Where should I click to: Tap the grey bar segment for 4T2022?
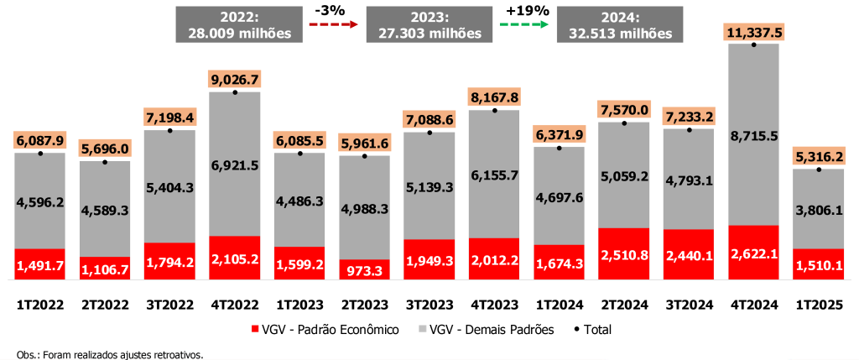(x=235, y=164)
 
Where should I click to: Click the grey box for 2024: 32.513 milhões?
(x=620, y=24)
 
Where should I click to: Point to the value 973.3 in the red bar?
(x=364, y=270)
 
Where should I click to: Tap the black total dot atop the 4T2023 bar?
(x=494, y=110)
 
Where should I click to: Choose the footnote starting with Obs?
(x=110, y=354)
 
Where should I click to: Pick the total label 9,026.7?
(x=235, y=80)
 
